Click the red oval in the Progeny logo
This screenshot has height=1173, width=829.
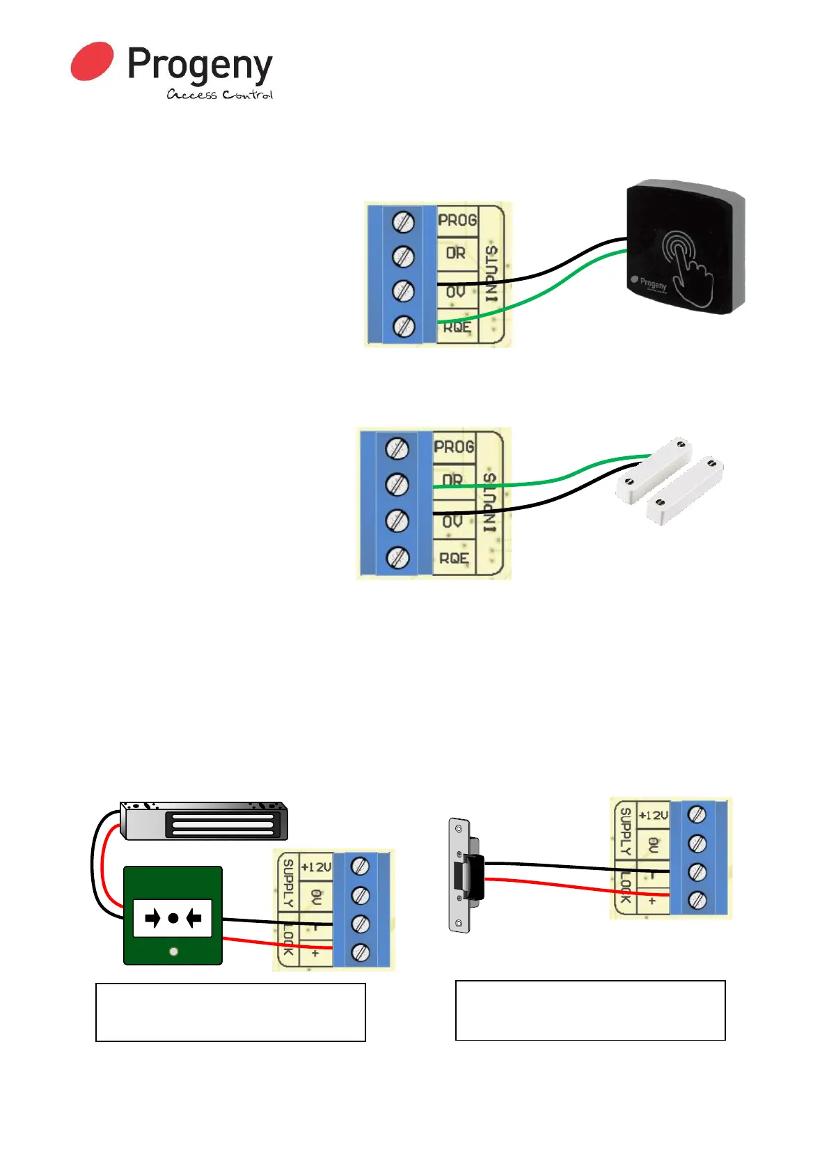[x=92, y=61]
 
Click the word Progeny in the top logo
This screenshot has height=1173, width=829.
[x=200, y=66]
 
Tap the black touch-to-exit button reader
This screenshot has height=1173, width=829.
[x=685, y=247]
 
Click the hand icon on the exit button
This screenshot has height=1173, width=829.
[x=688, y=267]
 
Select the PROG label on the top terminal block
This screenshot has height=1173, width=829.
[x=457, y=220]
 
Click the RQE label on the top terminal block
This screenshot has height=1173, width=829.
[x=457, y=327]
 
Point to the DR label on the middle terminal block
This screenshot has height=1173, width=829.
[x=452, y=480]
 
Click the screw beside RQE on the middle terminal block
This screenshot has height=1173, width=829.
[x=397, y=557]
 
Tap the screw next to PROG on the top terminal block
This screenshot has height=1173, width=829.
[x=403, y=222]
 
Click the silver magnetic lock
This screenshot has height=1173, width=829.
[x=204, y=821]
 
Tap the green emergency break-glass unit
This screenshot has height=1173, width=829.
[x=173, y=915]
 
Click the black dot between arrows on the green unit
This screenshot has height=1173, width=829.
[x=173, y=918]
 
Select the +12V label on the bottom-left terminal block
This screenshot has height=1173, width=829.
[x=316, y=867]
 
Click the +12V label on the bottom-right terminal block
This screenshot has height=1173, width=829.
[x=653, y=815]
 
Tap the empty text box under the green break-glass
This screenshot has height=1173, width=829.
[x=230, y=1012]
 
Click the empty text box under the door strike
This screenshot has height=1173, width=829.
[x=590, y=1010]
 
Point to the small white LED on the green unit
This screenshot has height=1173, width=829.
[x=173, y=951]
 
